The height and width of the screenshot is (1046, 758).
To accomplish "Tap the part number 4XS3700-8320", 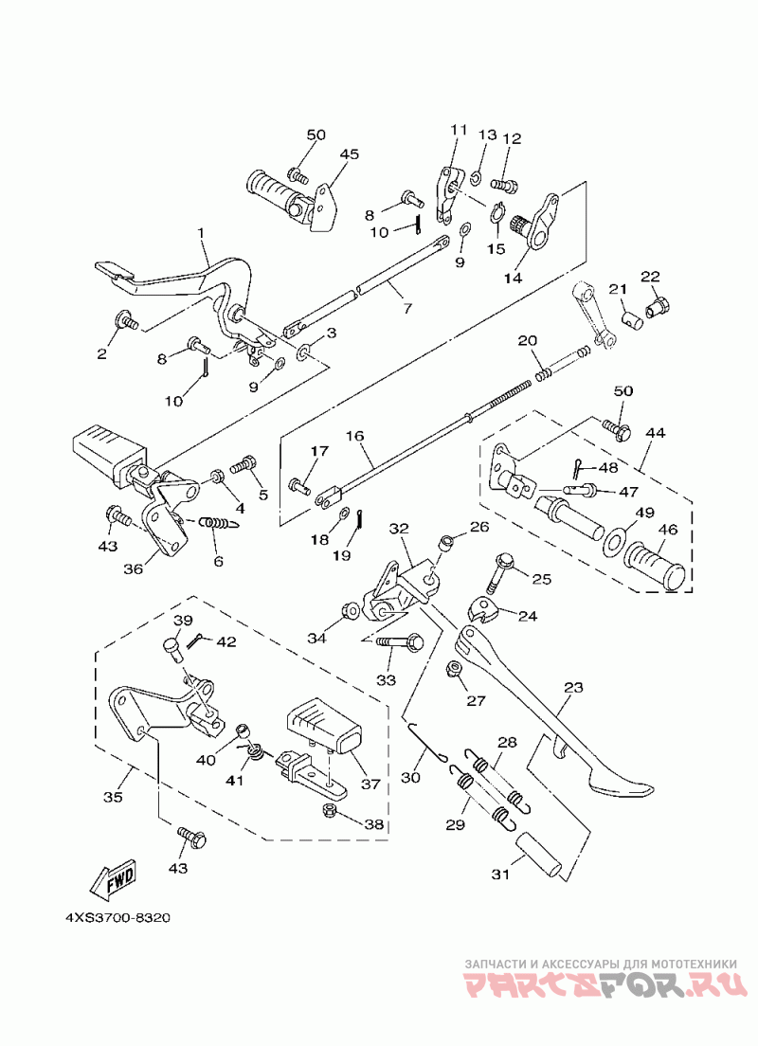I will pos(117,918).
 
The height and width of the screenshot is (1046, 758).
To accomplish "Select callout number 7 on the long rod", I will pos(407,309).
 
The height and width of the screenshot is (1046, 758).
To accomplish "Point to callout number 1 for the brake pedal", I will pos(201,232).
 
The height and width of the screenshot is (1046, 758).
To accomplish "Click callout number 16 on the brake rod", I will pos(354,437).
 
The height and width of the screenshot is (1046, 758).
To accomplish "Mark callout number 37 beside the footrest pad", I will pos(370,784).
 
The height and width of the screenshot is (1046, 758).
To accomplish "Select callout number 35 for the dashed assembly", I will pos(113,798).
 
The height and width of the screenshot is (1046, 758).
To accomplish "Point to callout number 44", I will pos(655,432).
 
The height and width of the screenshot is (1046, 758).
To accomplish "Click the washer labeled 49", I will pos(613,540).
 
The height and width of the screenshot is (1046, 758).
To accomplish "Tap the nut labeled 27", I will pos(453,672).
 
